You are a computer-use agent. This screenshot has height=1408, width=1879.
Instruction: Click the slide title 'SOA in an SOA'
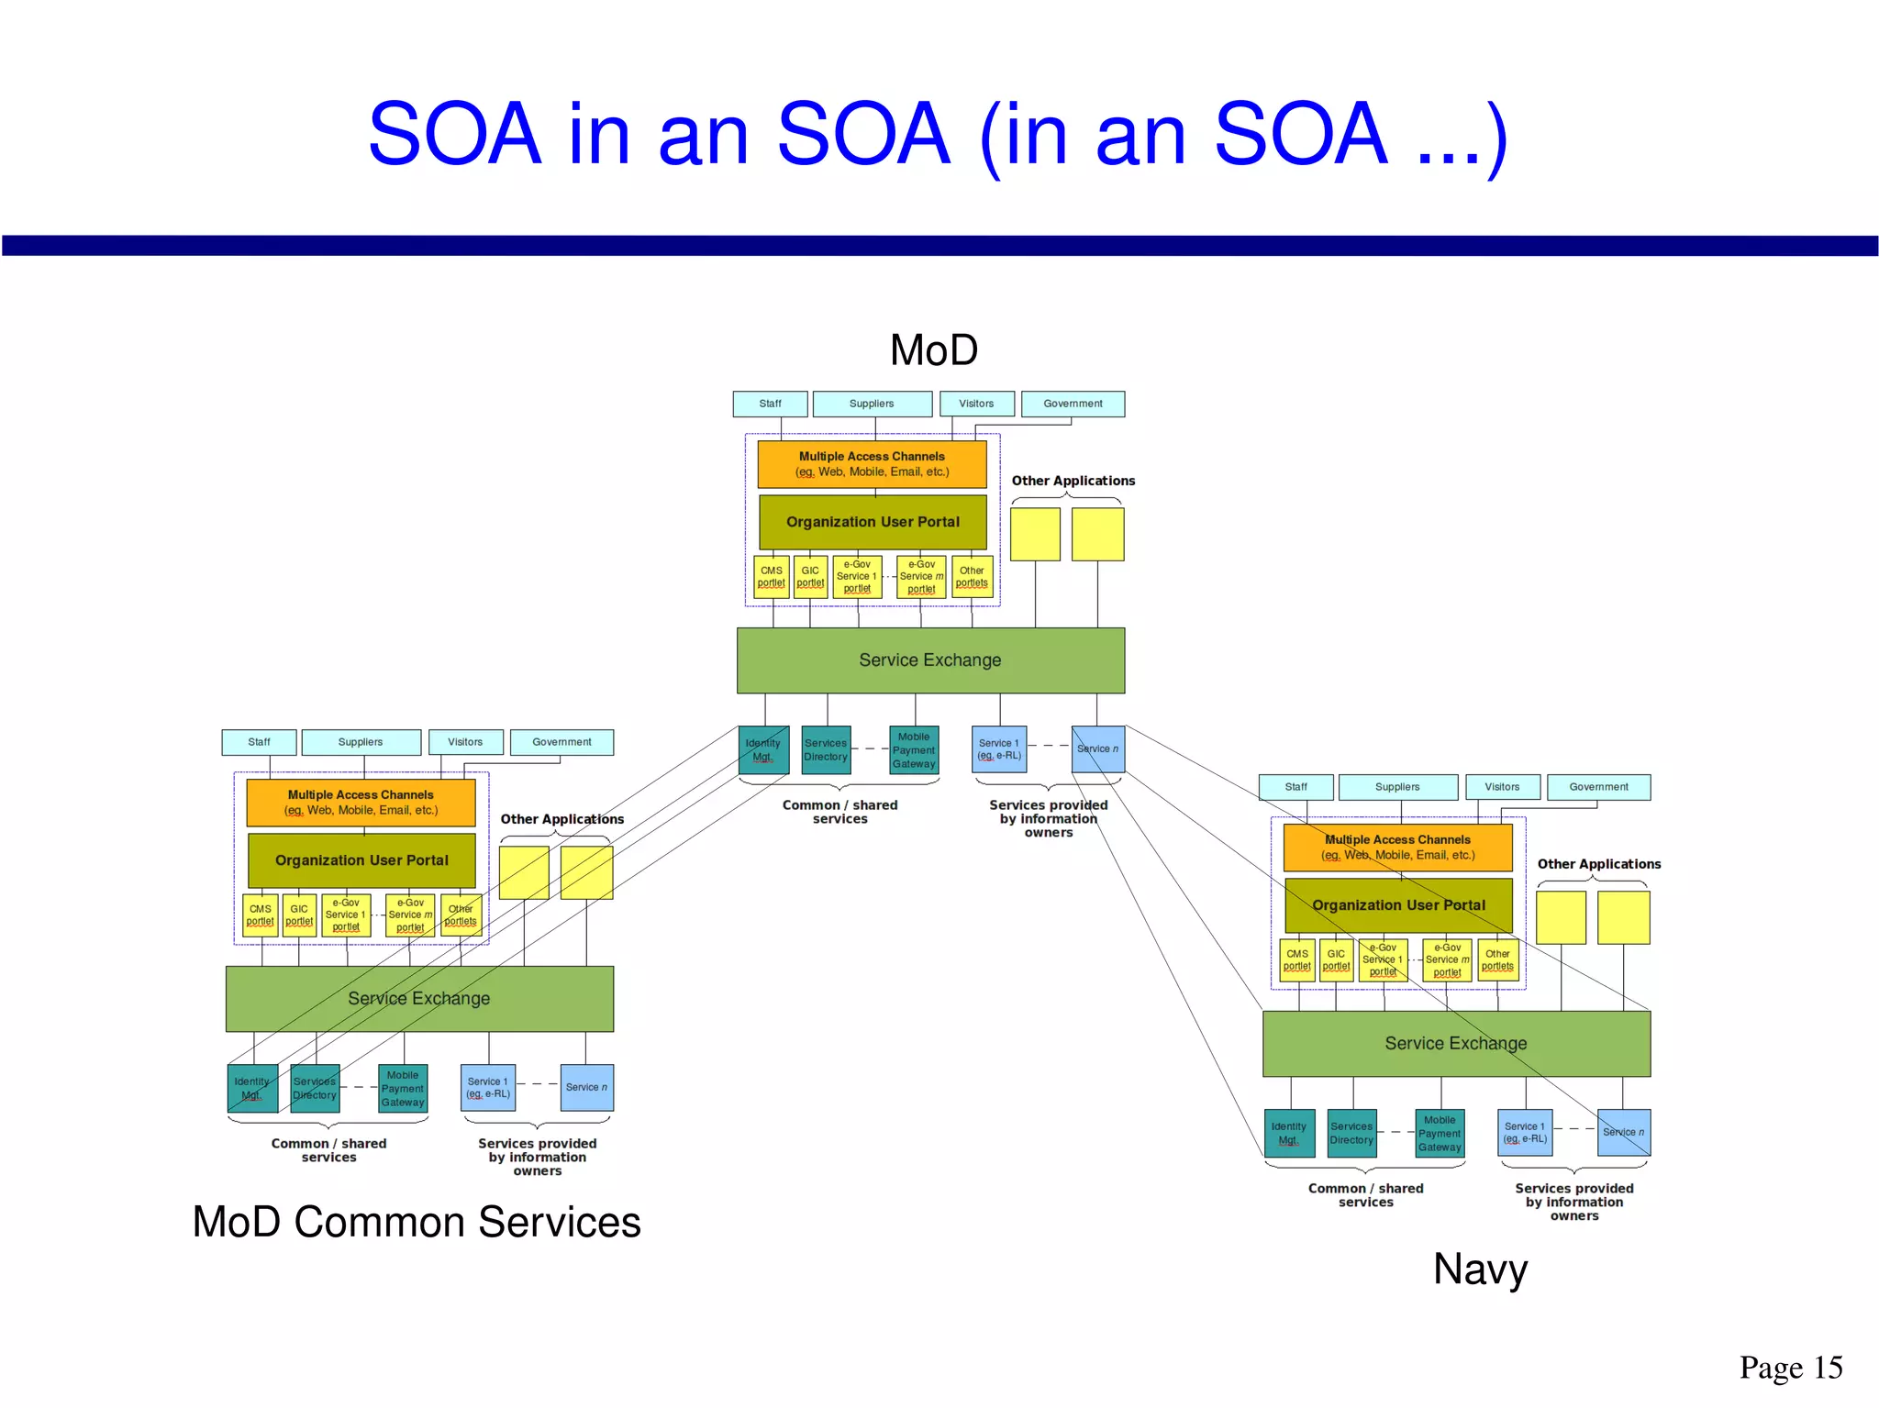pyautogui.click(x=938, y=135)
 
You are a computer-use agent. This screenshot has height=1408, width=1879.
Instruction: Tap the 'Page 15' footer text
pyautogui.click(x=1790, y=1367)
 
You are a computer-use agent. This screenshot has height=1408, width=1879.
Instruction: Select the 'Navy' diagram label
pyautogui.click(x=1480, y=1269)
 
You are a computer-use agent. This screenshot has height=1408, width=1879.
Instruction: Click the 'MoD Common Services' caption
pyautogui.click(x=417, y=1222)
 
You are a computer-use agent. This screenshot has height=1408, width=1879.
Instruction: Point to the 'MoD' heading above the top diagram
pyautogui.click(x=934, y=350)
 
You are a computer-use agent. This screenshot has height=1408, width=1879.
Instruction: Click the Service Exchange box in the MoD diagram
pyautogui.click(x=930, y=660)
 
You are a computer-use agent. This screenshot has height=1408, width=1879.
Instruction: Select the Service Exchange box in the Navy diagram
pyautogui.click(x=1456, y=1044)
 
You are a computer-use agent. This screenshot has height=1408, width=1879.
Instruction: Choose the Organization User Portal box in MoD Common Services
pyautogui.click(x=361, y=860)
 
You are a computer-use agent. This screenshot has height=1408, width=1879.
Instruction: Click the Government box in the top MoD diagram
pyautogui.click(x=1073, y=404)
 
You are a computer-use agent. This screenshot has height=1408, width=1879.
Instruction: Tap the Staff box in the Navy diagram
pyautogui.click(x=1295, y=787)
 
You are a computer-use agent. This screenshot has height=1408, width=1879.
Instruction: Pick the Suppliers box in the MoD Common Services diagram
pyautogui.click(x=361, y=742)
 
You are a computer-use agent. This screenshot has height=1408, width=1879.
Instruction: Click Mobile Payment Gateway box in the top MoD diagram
pyautogui.click(x=914, y=750)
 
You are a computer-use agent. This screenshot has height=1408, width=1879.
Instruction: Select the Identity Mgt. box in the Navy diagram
pyautogui.click(x=1288, y=1133)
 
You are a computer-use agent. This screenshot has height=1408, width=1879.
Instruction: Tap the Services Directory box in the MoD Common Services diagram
pyautogui.click(x=315, y=1089)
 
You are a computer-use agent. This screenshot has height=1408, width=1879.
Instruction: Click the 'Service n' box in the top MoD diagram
pyautogui.click(x=1097, y=749)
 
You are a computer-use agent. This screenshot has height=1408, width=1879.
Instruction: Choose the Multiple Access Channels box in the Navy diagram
pyautogui.click(x=1397, y=848)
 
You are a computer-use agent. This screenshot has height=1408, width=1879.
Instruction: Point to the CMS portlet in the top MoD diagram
pyautogui.click(x=772, y=577)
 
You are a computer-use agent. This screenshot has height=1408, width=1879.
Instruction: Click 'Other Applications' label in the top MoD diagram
pyautogui.click(x=1073, y=481)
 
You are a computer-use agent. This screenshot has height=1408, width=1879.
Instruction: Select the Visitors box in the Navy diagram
pyautogui.click(x=1502, y=787)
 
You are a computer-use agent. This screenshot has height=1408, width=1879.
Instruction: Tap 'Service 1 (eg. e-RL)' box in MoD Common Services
pyautogui.click(x=487, y=1088)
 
